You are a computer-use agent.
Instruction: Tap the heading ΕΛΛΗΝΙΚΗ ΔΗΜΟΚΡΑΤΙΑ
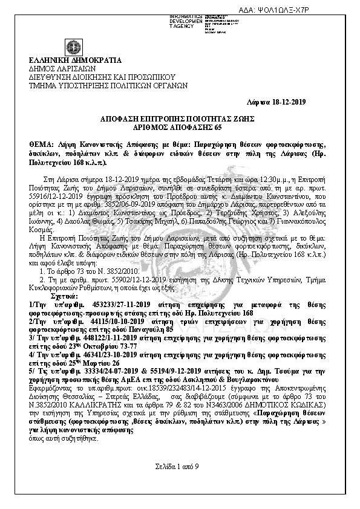coord(75,60)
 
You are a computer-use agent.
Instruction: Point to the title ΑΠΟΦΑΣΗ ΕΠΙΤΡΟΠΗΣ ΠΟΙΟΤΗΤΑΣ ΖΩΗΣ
coord(180,118)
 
